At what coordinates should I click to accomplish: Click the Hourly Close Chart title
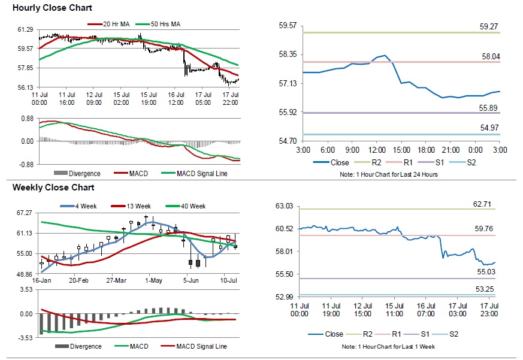click(43, 8)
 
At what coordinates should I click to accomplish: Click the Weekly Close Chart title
click(44, 187)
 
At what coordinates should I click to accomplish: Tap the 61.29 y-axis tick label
click(25, 29)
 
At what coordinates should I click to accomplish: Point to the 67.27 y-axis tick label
click(25, 213)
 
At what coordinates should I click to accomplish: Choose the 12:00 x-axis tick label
click(377, 149)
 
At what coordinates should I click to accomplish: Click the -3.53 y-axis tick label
click(24, 338)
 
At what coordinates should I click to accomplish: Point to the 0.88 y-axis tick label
click(26, 119)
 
